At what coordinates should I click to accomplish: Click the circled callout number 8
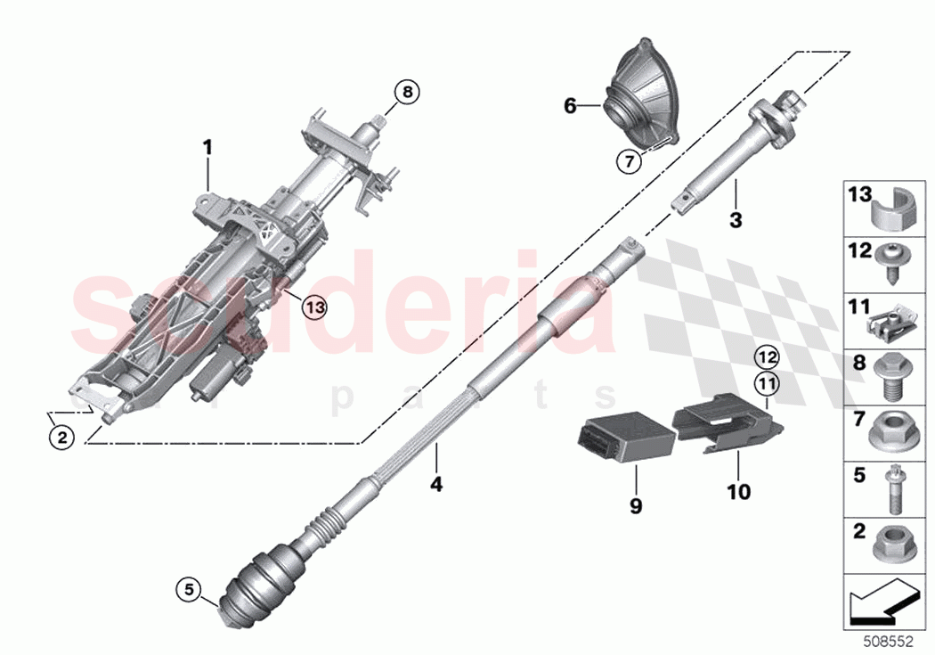406,91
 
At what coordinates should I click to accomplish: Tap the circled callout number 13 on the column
313,307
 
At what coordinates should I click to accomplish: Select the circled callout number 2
61,437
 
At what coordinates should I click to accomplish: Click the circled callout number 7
630,160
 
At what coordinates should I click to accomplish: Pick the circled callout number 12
767,358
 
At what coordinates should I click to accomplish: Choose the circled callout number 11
767,384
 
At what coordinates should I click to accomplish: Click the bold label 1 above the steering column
208,147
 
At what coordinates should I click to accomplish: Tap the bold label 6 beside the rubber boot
571,107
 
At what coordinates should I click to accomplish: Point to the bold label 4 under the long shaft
436,485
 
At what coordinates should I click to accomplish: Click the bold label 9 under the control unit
636,505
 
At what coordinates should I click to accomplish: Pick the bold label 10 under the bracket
739,491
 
